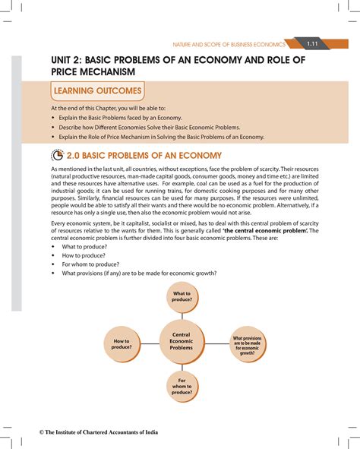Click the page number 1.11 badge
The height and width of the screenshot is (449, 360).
tap(312, 43)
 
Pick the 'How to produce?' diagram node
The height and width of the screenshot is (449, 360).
tap(122, 345)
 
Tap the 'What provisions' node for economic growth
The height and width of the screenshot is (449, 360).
tap(248, 345)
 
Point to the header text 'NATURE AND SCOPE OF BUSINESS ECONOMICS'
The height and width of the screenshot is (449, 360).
tap(237, 44)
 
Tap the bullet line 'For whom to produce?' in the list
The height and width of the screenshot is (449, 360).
tap(93, 264)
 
